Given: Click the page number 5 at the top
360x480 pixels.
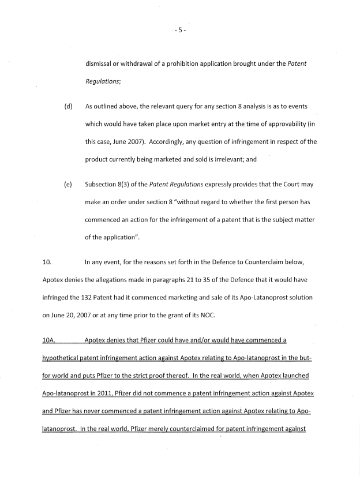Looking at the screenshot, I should (x=179, y=30).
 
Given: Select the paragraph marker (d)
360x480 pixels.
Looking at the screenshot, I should (x=68, y=107).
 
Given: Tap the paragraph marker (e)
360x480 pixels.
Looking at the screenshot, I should (x=68, y=185).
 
